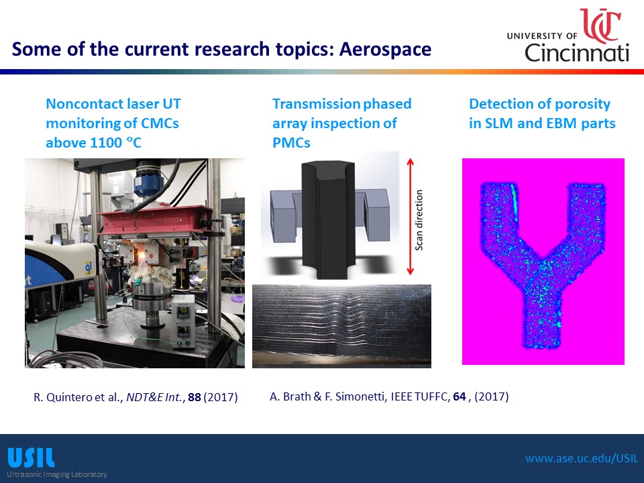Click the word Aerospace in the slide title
click(x=385, y=50)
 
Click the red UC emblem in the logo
click(x=600, y=25)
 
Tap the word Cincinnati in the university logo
click(x=577, y=52)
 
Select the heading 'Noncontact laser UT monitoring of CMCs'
click(x=113, y=113)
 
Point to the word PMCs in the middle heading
click(x=291, y=142)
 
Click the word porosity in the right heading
click(x=583, y=105)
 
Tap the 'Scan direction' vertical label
click(x=419, y=220)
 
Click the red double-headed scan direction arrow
click(x=410, y=217)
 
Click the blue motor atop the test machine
click(x=148, y=183)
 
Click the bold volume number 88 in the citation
click(x=195, y=397)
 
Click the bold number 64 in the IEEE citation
click(x=459, y=396)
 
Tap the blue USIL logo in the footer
click(x=31, y=458)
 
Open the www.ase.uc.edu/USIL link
click(x=582, y=458)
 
